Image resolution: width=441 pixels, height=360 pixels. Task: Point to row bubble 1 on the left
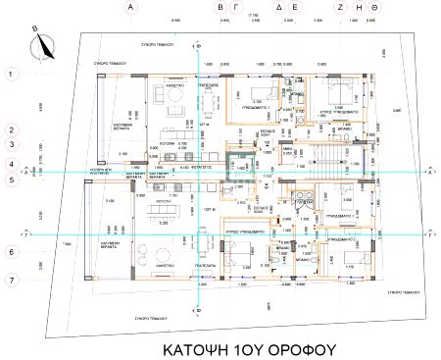[10, 74]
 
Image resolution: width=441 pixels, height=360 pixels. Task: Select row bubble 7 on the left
[10, 281]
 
